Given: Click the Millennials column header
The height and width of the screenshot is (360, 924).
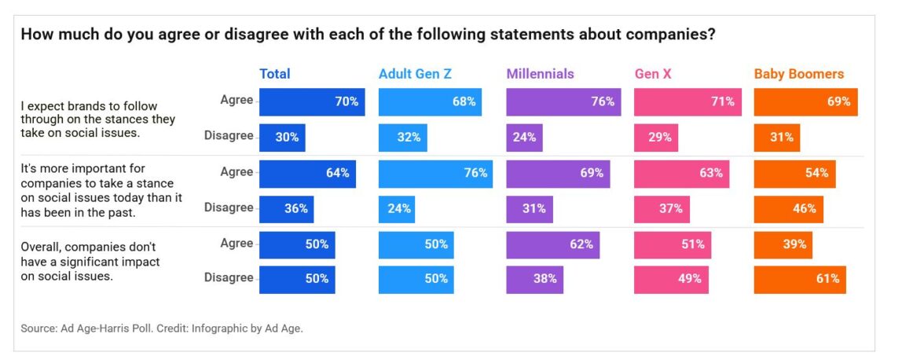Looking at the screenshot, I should (x=540, y=74).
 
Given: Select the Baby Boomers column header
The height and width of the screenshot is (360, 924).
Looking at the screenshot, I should (x=798, y=74).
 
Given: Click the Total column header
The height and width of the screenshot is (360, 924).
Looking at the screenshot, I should (x=275, y=74).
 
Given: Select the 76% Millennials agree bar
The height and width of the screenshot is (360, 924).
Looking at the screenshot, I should (x=563, y=101).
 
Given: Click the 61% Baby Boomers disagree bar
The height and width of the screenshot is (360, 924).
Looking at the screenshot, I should (x=800, y=279).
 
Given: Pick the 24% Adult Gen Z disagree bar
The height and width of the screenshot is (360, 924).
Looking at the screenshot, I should (x=396, y=209).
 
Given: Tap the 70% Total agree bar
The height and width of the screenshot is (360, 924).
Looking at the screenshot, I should (x=312, y=101).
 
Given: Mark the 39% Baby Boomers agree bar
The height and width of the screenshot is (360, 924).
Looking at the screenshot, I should (x=783, y=244).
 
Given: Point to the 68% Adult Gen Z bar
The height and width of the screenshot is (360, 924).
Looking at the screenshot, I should (x=430, y=101).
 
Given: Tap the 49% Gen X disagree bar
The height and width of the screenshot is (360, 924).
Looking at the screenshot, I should (x=671, y=279).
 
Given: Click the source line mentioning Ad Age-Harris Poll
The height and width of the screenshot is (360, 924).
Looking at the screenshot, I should (x=162, y=329).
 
